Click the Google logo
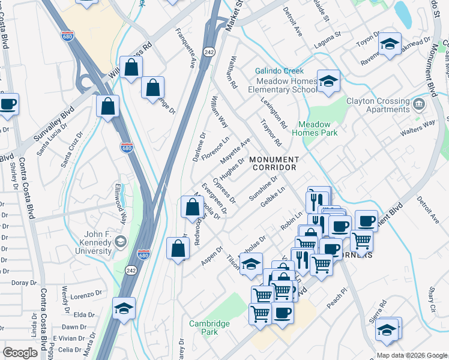tap(20, 353)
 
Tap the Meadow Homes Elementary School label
tap(285, 85)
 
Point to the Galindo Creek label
tap(277, 71)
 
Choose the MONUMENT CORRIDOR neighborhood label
tap(274, 163)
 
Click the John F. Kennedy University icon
tap(120, 241)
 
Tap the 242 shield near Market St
tap(208, 52)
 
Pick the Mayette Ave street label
tap(235, 152)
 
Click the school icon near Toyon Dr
tap(390, 43)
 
